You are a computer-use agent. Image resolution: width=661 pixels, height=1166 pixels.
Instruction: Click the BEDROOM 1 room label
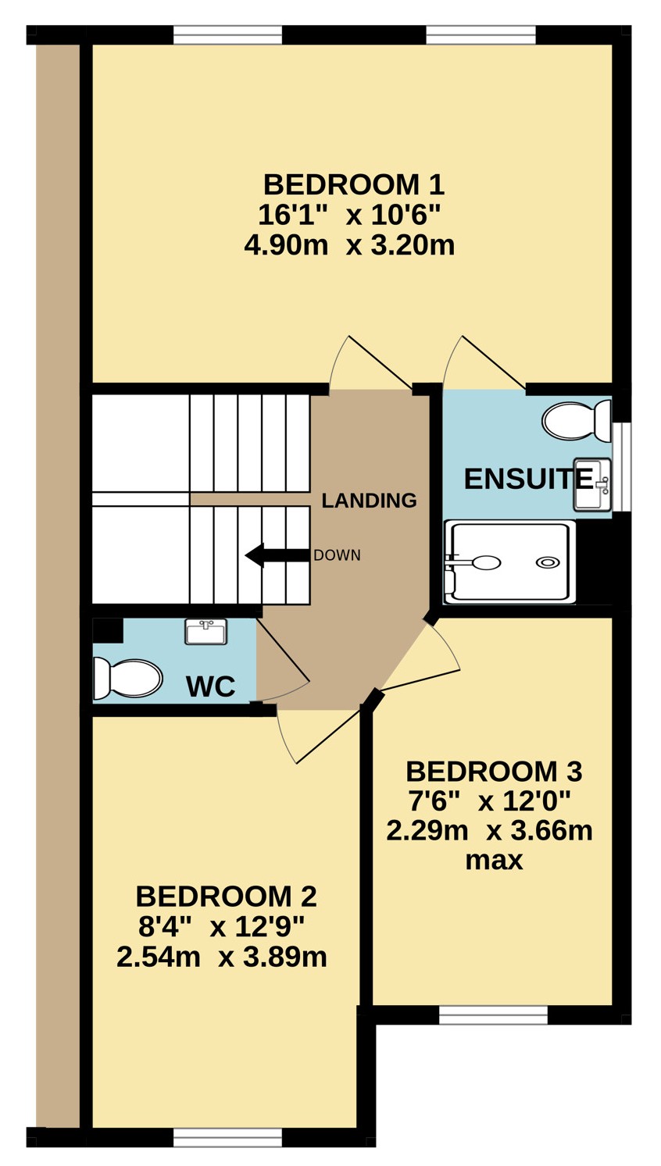[354, 185]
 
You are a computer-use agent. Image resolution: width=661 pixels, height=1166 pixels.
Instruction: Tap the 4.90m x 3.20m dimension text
[349, 245]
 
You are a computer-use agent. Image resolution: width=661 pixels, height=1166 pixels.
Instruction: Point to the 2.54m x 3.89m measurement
[222, 957]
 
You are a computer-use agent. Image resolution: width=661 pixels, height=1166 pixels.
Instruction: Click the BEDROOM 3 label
[494, 772]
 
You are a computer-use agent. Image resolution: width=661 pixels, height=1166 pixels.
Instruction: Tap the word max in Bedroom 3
[494, 861]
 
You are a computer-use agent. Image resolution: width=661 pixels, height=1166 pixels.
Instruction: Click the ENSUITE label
[528, 479]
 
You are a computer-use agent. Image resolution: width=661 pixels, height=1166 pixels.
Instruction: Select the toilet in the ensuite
[576, 420]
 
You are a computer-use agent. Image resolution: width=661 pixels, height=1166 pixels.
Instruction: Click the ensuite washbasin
[592, 484]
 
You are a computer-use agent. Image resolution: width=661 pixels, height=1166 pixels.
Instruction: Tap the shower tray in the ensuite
[509, 562]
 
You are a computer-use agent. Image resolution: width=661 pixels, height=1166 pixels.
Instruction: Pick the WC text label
[211, 686]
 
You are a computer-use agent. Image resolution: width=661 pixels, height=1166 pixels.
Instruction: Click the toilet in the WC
[127, 679]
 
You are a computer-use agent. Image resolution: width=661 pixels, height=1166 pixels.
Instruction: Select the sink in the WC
[206, 631]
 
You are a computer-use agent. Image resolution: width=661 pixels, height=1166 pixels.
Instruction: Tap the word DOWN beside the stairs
[337, 555]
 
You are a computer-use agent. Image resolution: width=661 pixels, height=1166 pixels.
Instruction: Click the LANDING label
[370, 501]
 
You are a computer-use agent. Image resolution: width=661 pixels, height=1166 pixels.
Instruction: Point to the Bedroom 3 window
[493, 1015]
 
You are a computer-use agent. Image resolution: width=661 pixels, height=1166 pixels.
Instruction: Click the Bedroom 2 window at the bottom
[227, 1153]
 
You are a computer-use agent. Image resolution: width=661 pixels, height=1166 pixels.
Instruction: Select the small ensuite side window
[621, 467]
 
